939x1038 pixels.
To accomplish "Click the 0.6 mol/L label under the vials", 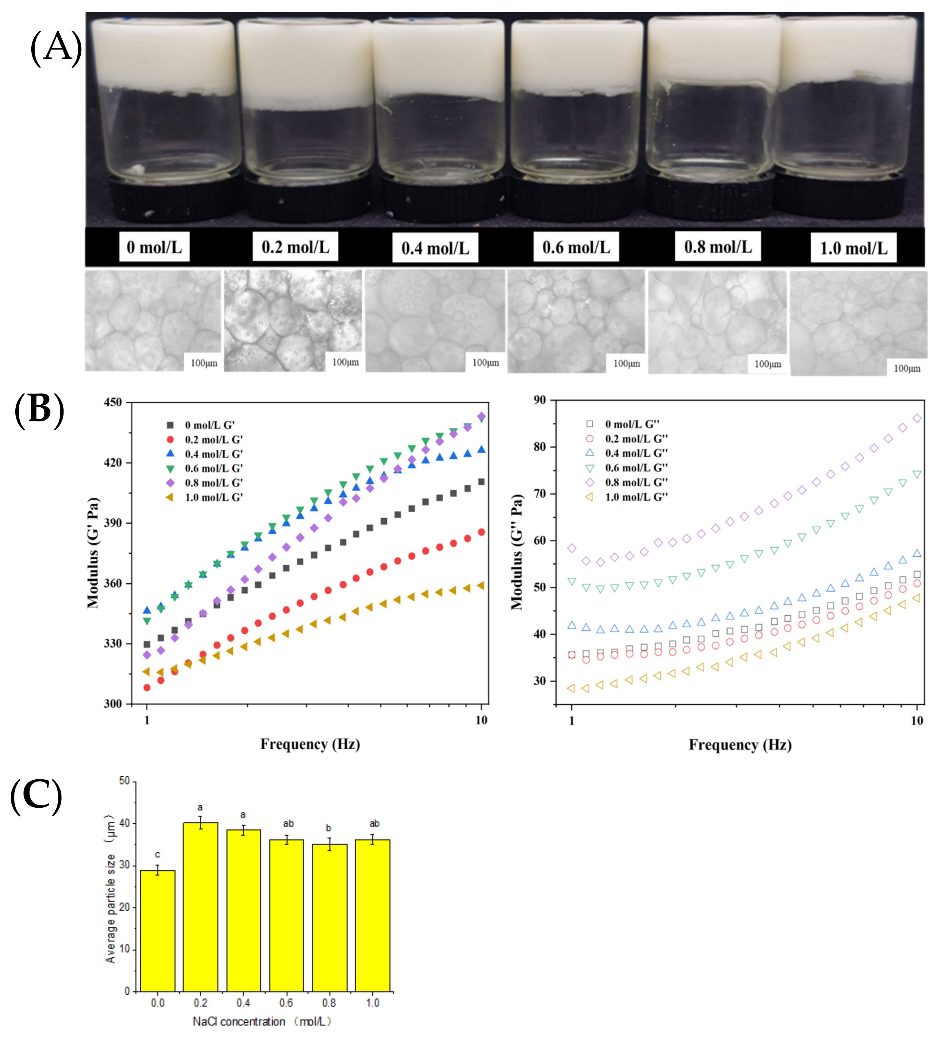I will [x=576, y=247].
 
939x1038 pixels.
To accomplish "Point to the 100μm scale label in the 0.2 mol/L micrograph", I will [x=345, y=362].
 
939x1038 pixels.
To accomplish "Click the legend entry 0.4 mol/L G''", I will [x=636, y=453].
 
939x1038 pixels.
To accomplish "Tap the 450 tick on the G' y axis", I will [x=113, y=402].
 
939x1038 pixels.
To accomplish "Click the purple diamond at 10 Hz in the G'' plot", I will [x=917, y=418].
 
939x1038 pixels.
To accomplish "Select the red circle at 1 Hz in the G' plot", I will [x=147, y=687].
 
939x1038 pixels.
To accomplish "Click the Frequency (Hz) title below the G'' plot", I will [x=740, y=745].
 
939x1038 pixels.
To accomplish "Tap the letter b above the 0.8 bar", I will [x=328, y=828].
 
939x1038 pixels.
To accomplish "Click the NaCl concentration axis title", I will [x=262, y=1021].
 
